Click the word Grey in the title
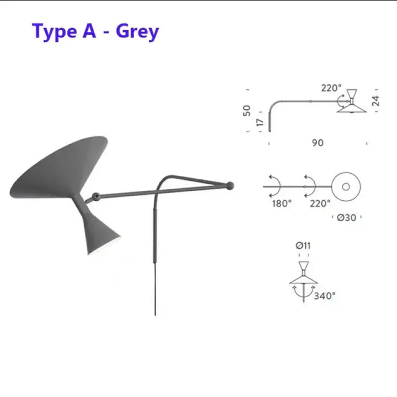pyautogui.click(x=137, y=31)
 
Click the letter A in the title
pyautogui.click(x=89, y=31)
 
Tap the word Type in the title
pyautogui.click(x=55, y=32)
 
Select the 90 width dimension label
pyautogui.click(x=318, y=143)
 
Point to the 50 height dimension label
pyautogui.click(x=246, y=111)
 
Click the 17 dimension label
pyautogui.click(x=260, y=122)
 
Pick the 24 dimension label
pyautogui.click(x=376, y=101)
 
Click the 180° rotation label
pyautogui.click(x=282, y=203)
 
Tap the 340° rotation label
pyautogui.click(x=325, y=296)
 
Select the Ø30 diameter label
pyautogui.click(x=346, y=217)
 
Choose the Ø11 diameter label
pyautogui.click(x=303, y=245)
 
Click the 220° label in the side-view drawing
pyautogui.click(x=331, y=88)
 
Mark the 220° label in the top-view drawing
pyautogui.click(x=320, y=203)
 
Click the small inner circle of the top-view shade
pyautogui.click(x=346, y=187)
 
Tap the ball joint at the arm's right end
pyautogui.click(x=230, y=186)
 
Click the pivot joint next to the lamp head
pyautogui.click(x=95, y=196)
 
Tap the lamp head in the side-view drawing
pyautogui.click(x=352, y=101)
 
